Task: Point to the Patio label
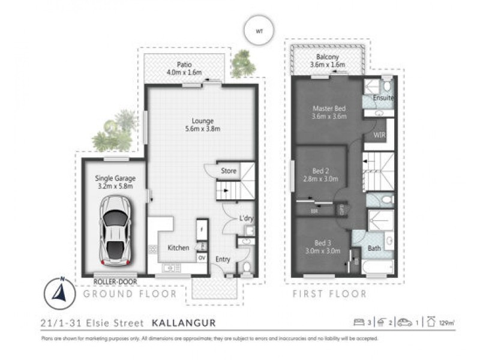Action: [x=184, y=65]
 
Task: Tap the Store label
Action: [x=229, y=171]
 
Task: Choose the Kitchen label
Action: [x=178, y=248]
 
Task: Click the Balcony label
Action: [x=328, y=58]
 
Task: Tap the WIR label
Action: [x=379, y=136]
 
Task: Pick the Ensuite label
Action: [x=383, y=98]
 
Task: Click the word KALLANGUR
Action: [x=183, y=323]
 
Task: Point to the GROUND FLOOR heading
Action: [x=130, y=294]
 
